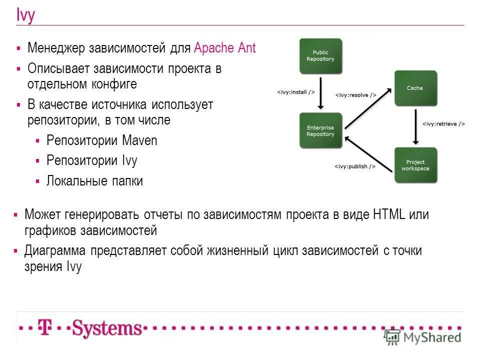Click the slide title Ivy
click(25, 15)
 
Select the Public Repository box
click(320, 56)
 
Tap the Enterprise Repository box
click(320, 130)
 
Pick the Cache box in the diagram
click(415, 88)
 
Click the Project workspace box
click(415, 165)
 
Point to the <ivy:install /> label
click(296, 92)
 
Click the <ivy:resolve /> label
click(355, 94)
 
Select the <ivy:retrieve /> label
click(443, 123)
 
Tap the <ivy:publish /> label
click(355, 166)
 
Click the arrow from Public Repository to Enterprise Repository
click(321, 92)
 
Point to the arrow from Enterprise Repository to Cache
click(367, 109)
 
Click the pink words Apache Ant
click(224, 48)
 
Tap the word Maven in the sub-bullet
click(139, 140)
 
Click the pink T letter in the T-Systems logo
click(45, 328)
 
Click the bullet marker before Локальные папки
click(38, 181)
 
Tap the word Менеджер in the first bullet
click(56, 48)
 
